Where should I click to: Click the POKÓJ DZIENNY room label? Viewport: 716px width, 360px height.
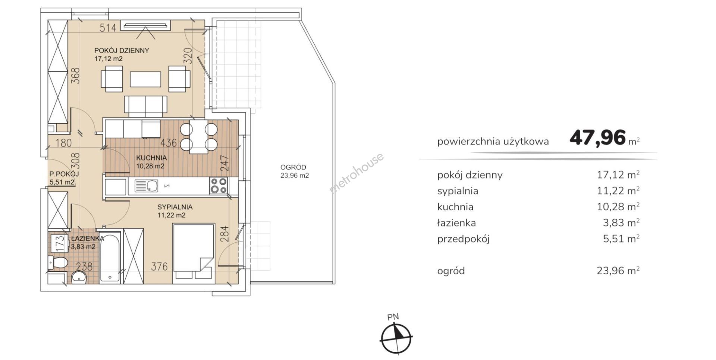(x=122, y=51)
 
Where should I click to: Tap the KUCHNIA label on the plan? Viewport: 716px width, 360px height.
(x=151, y=158)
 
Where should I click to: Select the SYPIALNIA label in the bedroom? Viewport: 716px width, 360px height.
(x=175, y=207)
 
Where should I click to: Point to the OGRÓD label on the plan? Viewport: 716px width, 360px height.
(x=293, y=167)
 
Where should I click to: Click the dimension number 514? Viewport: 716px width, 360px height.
(x=108, y=27)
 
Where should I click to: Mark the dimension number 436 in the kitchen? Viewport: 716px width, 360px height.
(x=169, y=143)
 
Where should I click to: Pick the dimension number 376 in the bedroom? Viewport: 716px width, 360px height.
(x=159, y=266)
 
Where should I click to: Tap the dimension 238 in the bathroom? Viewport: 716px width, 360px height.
(x=84, y=266)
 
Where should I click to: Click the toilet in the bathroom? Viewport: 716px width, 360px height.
(x=57, y=262)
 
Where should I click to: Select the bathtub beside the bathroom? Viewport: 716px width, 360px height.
(x=110, y=258)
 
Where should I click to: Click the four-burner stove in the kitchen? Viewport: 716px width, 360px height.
(x=219, y=186)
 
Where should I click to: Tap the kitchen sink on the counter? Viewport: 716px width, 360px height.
(x=146, y=186)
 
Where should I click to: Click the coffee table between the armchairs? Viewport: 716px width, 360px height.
(x=145, y=79)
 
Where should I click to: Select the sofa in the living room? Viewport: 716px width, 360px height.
(x=145, y=106)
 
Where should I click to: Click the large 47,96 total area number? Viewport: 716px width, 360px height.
(x=597, y=138)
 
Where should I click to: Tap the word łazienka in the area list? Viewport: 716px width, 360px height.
(x=456, y=223)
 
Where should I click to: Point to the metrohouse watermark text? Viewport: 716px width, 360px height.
(x=356, y=173)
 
